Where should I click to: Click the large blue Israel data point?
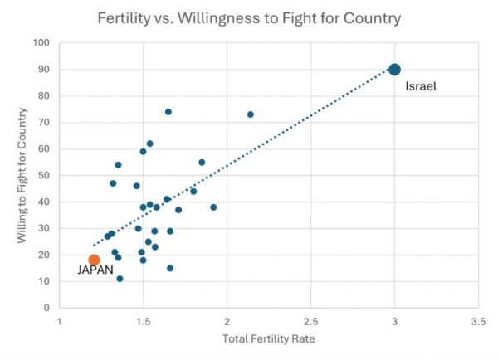394,70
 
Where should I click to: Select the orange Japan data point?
94,260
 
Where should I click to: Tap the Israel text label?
421,86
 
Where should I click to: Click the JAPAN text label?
95,270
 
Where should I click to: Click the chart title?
249,17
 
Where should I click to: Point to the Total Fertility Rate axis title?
268,340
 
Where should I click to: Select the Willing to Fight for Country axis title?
22,176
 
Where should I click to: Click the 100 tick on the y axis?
41,43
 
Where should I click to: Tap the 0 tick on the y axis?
46,308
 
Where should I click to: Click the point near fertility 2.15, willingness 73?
251,114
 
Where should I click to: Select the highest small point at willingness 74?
168,112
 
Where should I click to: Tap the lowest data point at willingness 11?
120,279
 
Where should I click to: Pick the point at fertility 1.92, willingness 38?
213,207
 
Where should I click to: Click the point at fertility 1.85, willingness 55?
202,163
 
